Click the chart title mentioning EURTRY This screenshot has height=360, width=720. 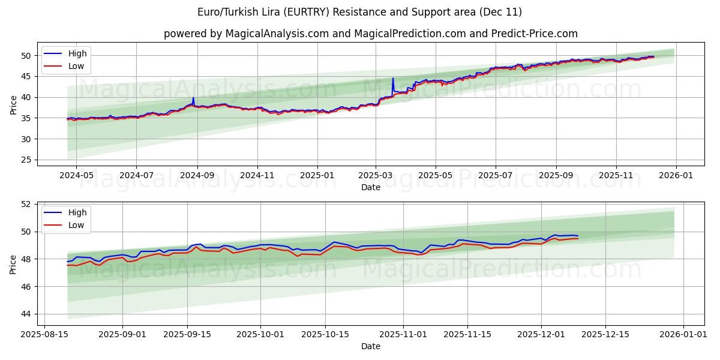pyautogui.click(x=359, y=12)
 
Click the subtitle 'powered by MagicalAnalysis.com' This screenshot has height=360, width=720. pyautogui.click(x=370, y=34)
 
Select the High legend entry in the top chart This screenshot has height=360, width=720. pyautogui.click(x=77, y=53)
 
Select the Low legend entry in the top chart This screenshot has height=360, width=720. pyautogui.click(x=76, y=66)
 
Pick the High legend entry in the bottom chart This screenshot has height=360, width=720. pyautogui.click(x=77, y=212)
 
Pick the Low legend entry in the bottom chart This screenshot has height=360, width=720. pyautogui.click(x=76, y=225)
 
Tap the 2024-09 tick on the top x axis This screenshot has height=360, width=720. pyautogui.click(x=197, y=176)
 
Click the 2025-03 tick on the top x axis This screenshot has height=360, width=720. pyautogui.click(x=376, y=176)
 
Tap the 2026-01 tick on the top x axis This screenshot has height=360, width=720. pyautogui.click(x=676, y=176)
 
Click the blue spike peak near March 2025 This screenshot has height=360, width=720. pyautogui.click(x=393, y=79)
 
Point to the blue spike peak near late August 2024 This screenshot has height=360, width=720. pyautogui.click(x=193, y=98)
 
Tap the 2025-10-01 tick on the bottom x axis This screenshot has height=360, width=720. pyautogui.click(x=260, y=335)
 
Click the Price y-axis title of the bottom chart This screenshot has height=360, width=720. pyautogui.click(x=13, y=263)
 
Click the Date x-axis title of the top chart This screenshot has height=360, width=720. pyautogui.click(x=370, y=187)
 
